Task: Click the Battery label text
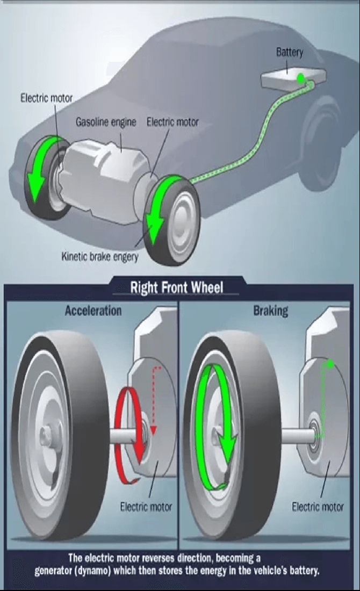point(290,52)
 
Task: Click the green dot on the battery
point(301,78)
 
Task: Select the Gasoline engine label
point(106,122)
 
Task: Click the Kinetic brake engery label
point(100,256)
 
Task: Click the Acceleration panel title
point(93,311)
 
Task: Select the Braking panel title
point(271,311)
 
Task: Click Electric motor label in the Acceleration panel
point(146,506)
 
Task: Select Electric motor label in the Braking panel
point(318,506)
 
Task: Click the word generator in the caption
point(55,570)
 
